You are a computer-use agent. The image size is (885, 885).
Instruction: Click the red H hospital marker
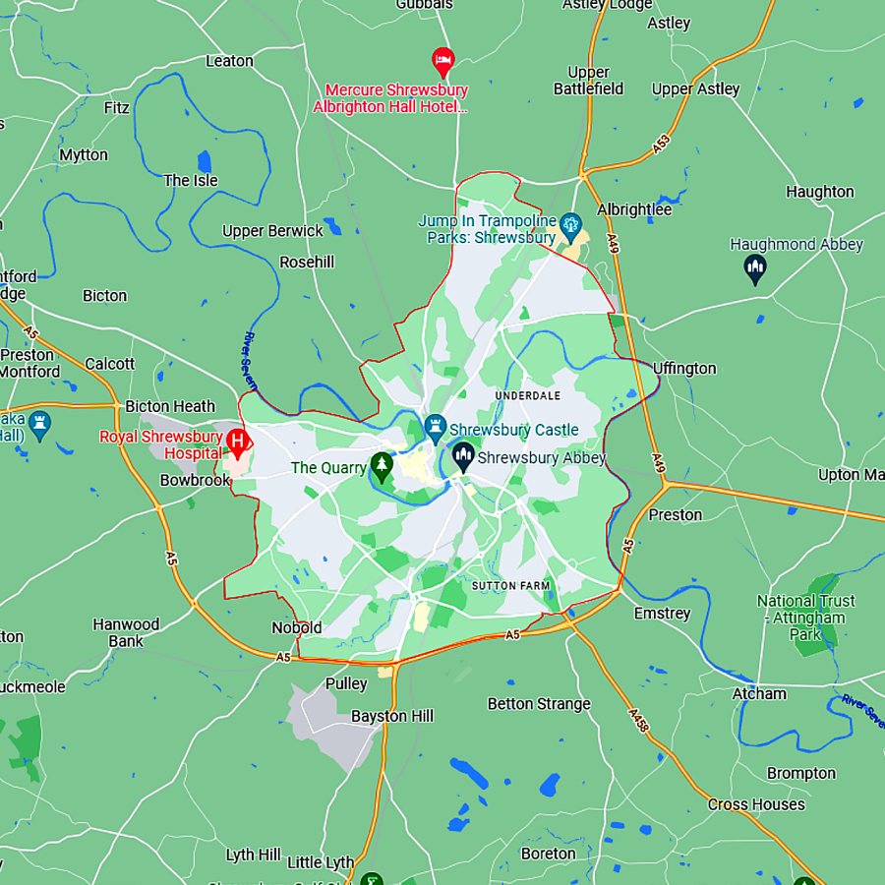237,440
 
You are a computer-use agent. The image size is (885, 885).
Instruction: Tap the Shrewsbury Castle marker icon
436,428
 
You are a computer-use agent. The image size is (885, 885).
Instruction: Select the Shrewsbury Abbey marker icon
463,456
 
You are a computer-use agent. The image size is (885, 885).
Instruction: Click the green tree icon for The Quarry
382,466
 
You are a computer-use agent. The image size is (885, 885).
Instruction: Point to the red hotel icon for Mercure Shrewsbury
443,61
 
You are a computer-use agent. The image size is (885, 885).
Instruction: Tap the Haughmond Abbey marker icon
755,266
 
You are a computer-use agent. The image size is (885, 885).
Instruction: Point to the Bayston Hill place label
392,716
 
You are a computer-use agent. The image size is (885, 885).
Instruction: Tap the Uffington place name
684,369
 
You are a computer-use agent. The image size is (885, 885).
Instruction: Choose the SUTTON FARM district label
511,586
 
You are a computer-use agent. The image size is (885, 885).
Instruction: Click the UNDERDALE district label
528,395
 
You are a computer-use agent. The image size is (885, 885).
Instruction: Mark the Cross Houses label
756,804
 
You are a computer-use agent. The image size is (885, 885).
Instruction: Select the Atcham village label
759,693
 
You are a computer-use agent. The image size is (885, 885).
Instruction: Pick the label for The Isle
191,180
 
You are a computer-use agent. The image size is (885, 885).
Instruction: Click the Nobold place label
296,627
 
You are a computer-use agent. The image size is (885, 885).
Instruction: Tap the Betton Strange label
539,704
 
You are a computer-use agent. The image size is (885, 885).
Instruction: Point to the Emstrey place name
662,614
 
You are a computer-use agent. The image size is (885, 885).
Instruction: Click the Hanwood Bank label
126,632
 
